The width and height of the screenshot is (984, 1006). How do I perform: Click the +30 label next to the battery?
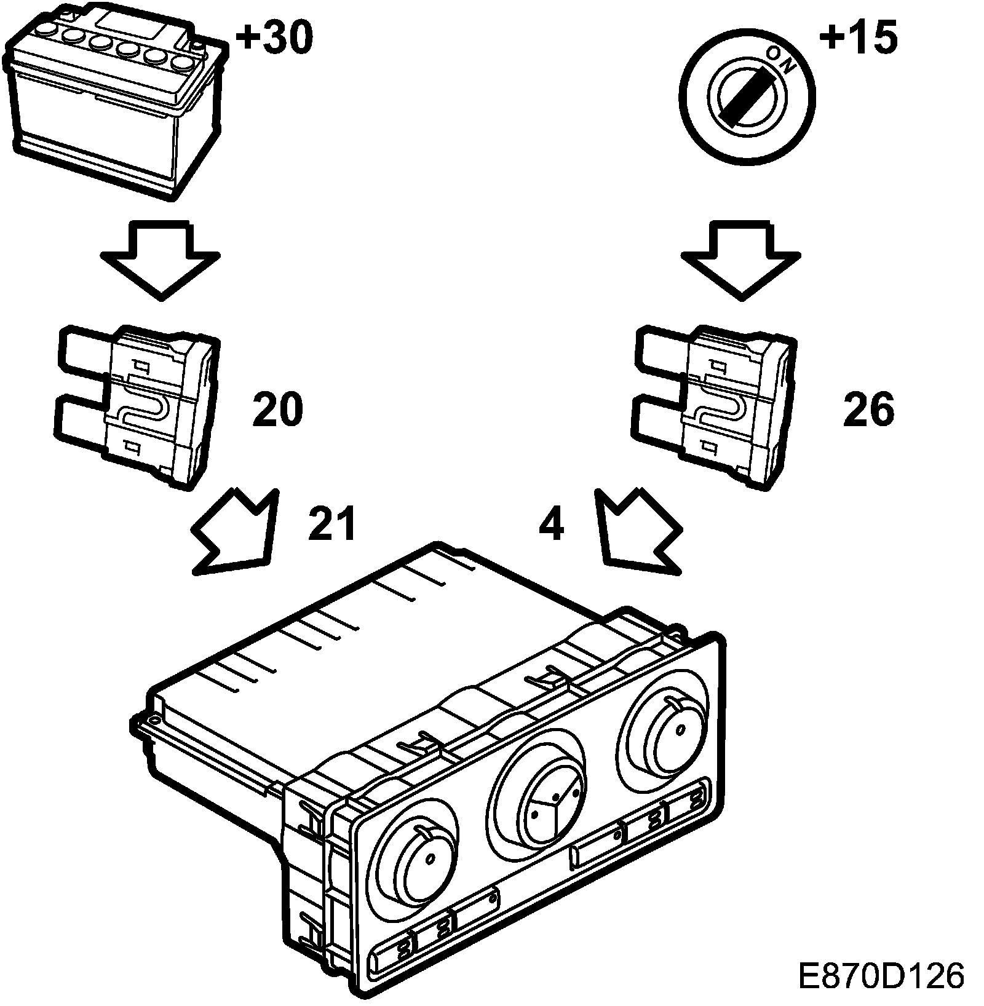tap(273, 38)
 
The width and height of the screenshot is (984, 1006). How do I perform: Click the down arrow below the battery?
tap(161, 258)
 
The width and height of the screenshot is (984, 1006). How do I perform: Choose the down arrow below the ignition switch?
tap(742, 258)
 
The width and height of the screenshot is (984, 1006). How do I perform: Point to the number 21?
tap(332, 524)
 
